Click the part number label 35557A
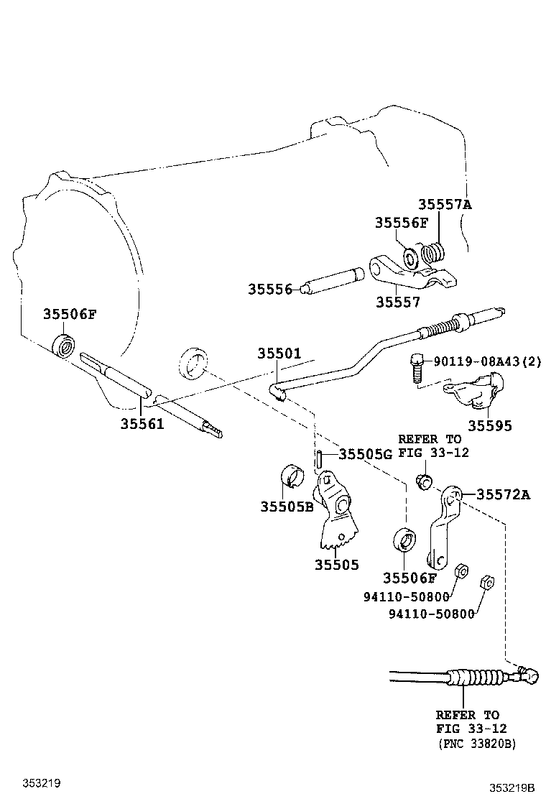[x=445, y=205]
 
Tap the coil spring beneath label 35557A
[x=433, y=253]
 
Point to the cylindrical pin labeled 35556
[x=333, y=279]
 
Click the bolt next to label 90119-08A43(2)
[x=416, y=366]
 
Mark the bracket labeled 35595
[x=473, y=392]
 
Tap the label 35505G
[x=366, y=454]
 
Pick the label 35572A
[x=504, y=494]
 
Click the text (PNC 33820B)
[x=476, y=744]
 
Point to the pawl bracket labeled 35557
[x=409, y=273]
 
